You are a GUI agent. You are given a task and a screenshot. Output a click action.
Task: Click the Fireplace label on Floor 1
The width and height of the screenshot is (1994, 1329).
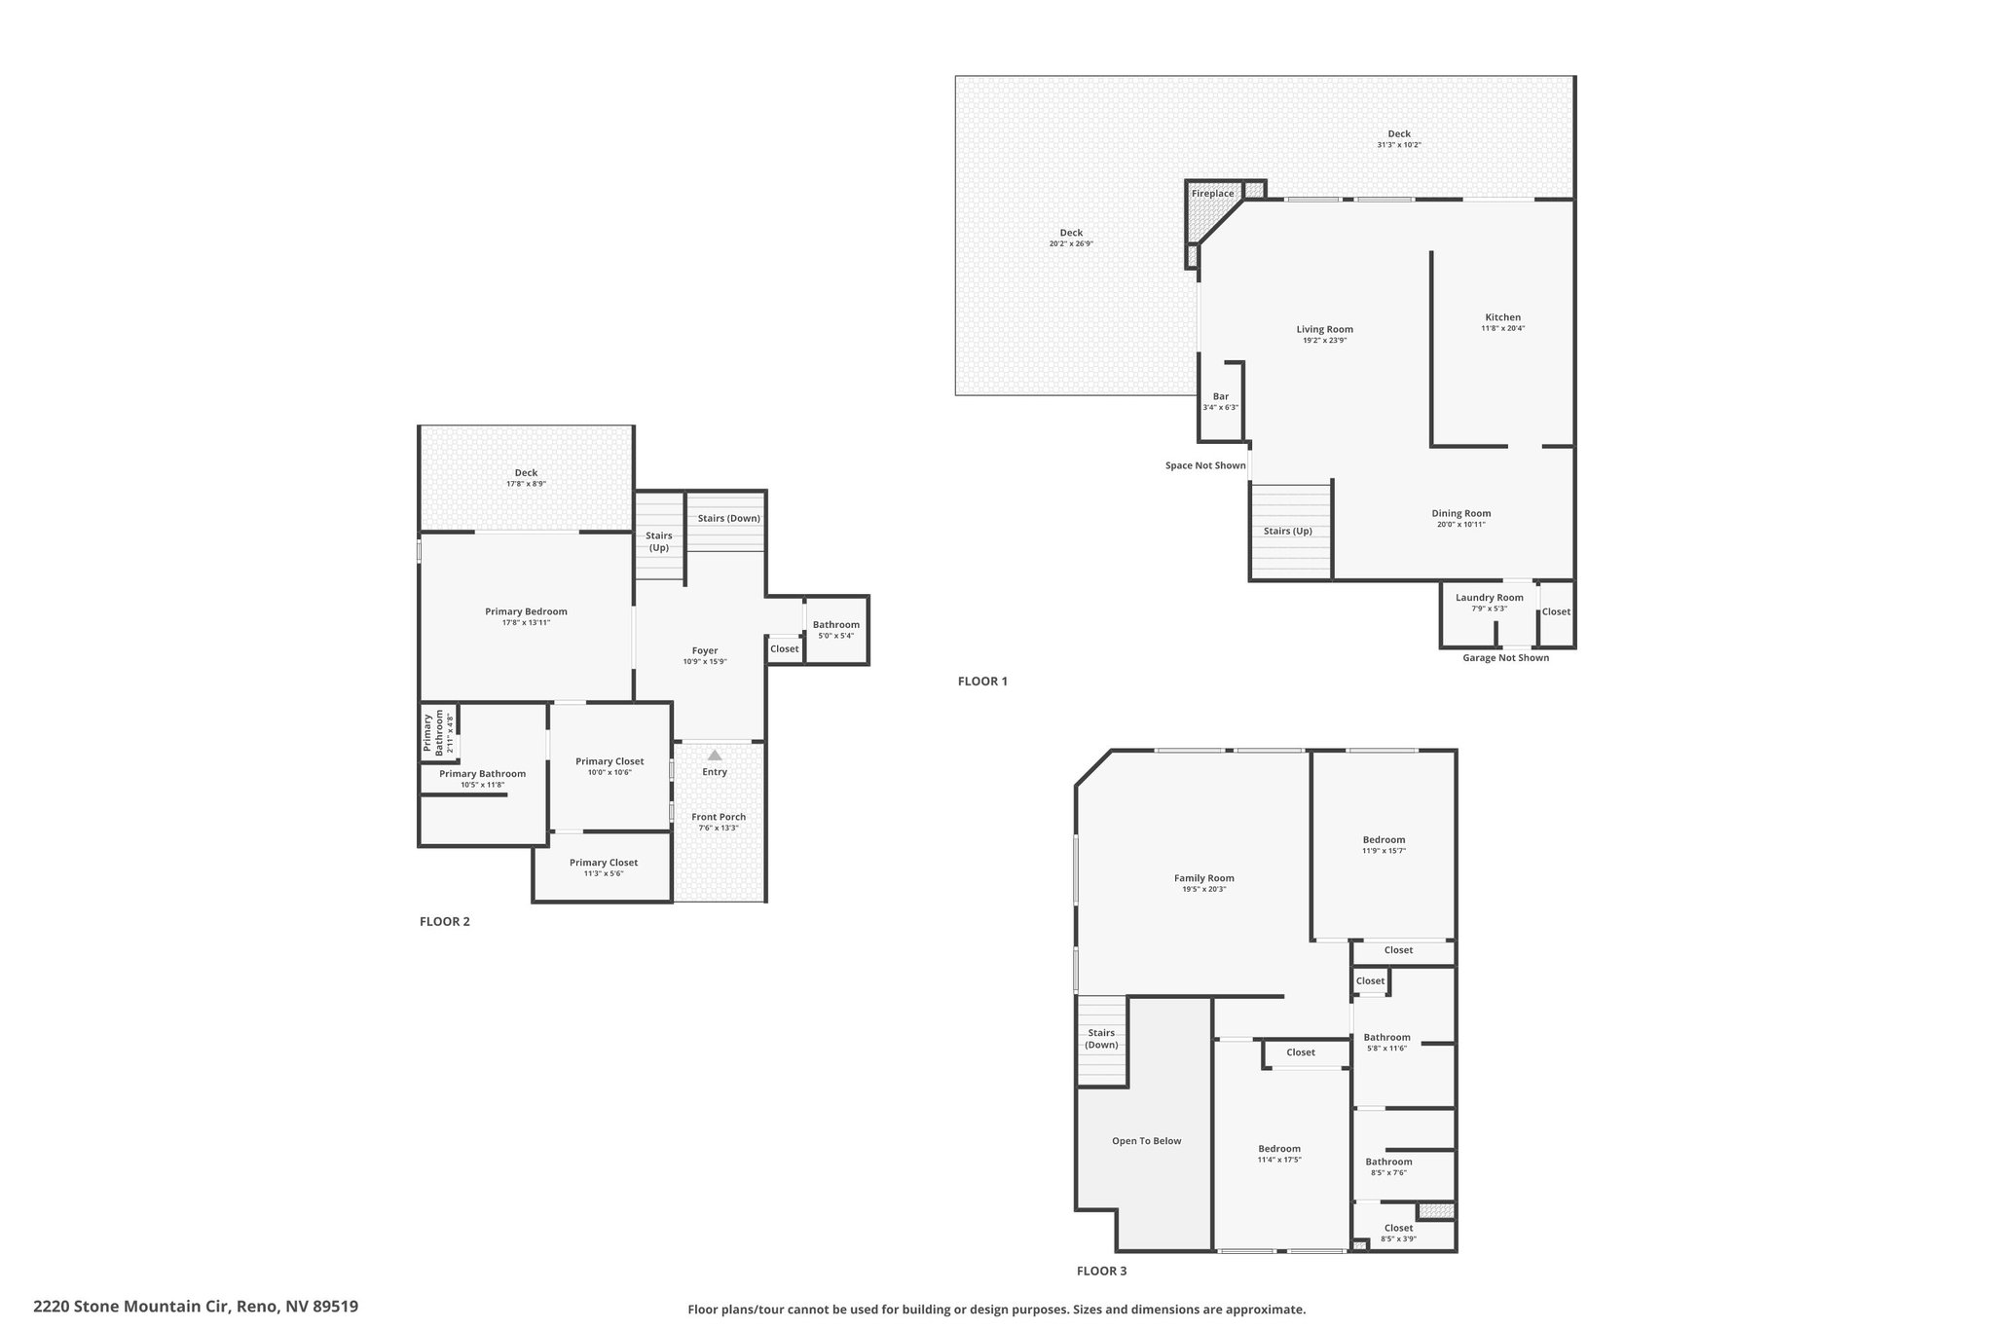1212,194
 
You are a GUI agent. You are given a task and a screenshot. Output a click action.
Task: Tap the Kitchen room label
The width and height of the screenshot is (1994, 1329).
1502,317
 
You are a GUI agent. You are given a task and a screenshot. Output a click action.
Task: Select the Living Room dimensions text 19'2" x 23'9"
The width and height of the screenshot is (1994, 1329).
1325,341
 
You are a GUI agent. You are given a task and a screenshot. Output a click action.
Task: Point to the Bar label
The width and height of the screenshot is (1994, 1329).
1221,396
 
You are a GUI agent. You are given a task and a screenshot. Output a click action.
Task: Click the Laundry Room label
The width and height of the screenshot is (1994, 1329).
1489,598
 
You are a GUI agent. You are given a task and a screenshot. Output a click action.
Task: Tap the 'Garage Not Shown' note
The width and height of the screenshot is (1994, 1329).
1505,658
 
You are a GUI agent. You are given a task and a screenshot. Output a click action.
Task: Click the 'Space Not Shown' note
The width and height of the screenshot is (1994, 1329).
1205,465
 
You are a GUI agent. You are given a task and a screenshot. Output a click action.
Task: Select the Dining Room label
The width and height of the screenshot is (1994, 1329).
1460,513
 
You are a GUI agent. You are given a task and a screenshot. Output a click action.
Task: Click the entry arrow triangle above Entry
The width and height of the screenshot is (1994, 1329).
715,755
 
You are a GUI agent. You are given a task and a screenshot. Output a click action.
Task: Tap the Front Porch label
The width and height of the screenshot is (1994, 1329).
719,817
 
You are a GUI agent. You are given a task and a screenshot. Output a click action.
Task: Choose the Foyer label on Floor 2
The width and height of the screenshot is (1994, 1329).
705,650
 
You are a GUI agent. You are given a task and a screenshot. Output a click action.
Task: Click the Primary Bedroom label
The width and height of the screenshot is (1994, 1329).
526,611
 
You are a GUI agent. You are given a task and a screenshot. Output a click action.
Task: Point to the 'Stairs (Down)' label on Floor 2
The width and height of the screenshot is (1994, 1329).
728,518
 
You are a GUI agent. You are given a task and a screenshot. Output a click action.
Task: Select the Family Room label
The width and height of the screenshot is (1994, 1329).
1204,878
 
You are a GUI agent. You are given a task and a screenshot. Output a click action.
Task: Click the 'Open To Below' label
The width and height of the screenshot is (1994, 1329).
1146,1141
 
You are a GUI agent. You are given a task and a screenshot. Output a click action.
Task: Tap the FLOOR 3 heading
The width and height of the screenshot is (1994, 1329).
1101,1271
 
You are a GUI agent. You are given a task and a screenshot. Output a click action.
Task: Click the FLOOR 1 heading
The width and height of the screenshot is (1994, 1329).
982,682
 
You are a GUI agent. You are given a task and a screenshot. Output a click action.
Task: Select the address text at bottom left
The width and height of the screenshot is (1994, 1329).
196,1307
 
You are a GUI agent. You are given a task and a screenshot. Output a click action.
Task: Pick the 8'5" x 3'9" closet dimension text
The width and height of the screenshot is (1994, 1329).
1398,1239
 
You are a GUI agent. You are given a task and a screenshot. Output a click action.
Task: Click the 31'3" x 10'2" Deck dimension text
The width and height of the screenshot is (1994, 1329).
1399,145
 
